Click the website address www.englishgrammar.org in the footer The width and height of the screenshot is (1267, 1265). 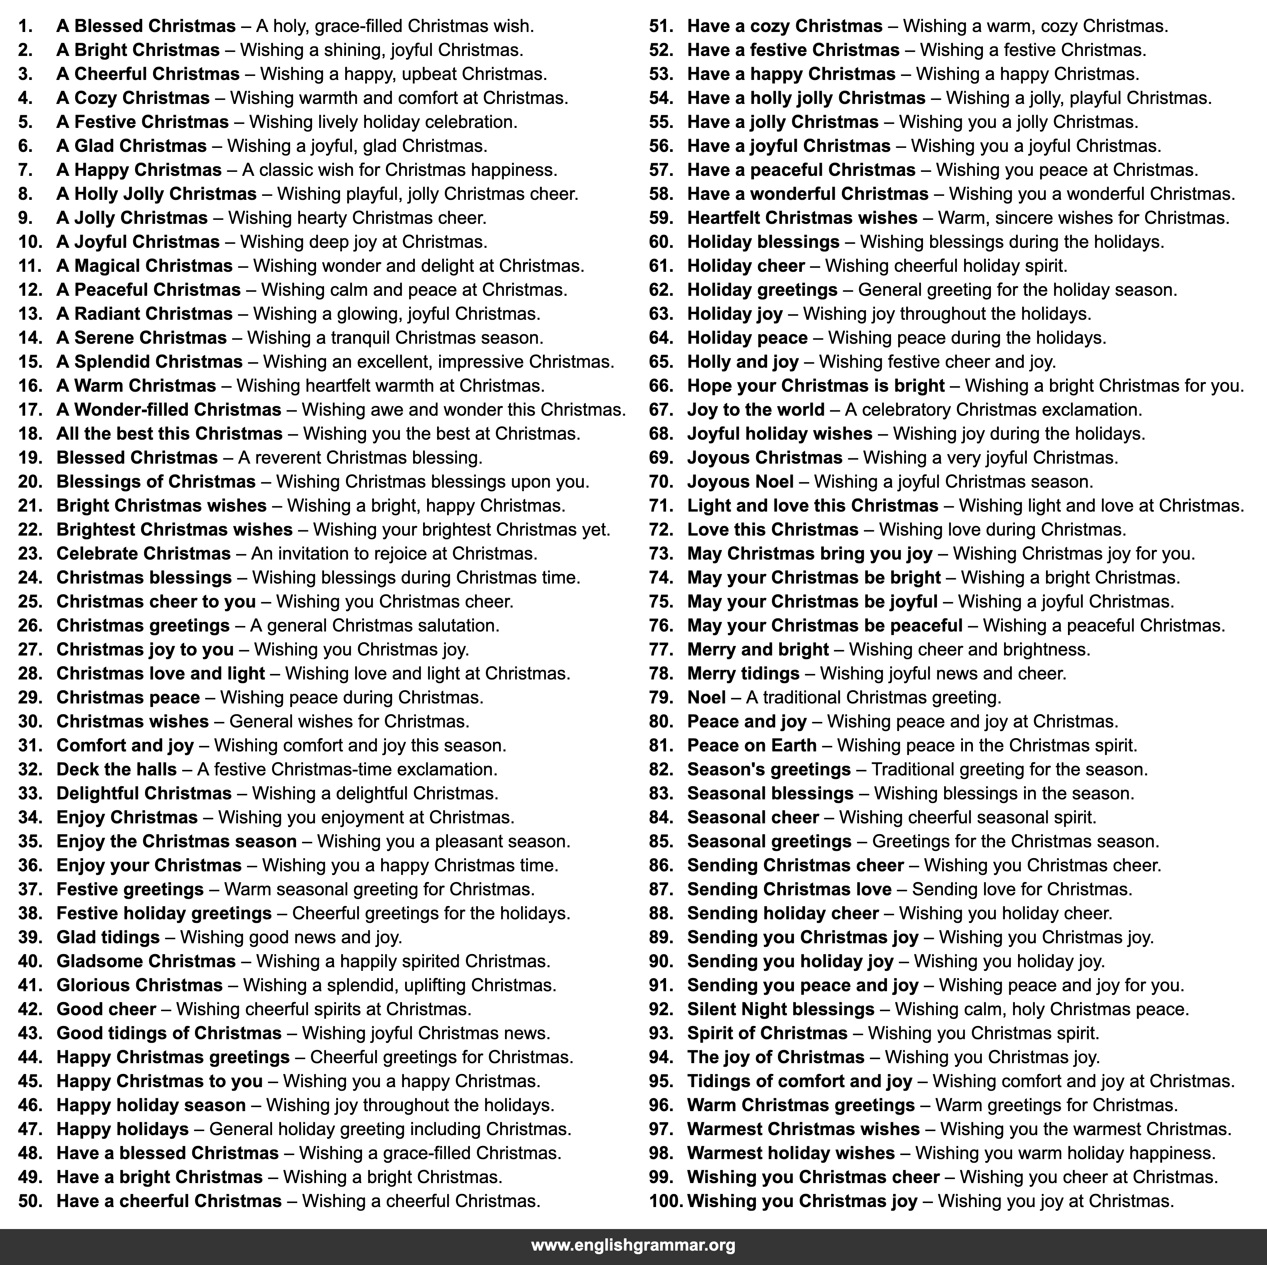pos(633,1245)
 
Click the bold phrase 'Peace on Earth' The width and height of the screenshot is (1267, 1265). pos(752,745)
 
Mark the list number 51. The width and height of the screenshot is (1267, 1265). pos(661,26)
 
